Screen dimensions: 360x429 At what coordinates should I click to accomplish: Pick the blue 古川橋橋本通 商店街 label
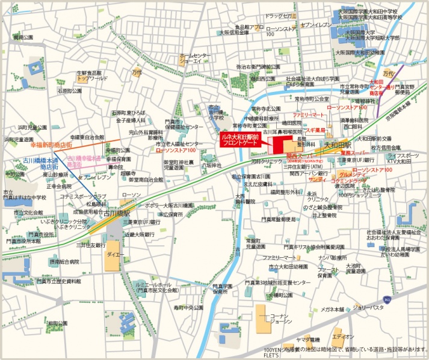[42, 163]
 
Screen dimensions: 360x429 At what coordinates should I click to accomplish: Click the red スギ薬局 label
[315, 130]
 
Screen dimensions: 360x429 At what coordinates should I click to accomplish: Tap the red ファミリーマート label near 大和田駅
[309, 114]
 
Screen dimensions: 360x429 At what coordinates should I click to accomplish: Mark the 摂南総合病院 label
[64, 261]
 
